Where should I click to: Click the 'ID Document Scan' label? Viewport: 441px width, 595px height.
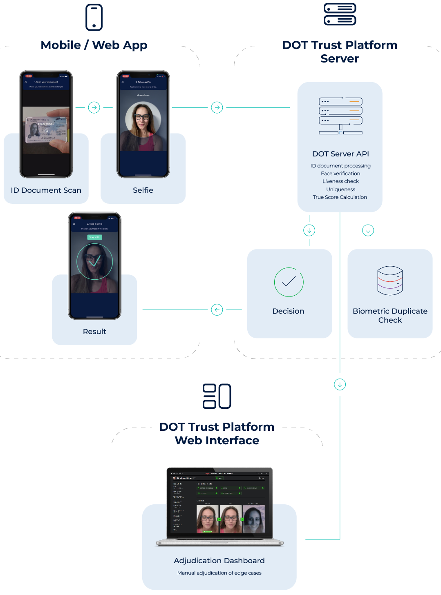(46, 190)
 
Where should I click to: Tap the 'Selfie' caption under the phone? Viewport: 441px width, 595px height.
(143, 190)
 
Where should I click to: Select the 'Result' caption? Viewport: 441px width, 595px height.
(94, 332)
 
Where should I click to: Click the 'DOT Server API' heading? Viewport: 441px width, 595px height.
(340, 154)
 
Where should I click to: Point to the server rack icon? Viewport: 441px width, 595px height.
(340, 116)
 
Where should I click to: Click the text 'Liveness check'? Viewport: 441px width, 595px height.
(340, 181)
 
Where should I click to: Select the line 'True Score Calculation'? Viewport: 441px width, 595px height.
(340, 197)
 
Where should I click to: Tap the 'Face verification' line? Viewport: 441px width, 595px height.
(340, 174)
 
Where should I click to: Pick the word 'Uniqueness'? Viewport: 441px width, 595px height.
(340, 189)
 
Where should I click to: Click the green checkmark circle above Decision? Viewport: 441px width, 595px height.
(289, 282)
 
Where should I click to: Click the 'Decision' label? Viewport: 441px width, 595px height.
(288, 311)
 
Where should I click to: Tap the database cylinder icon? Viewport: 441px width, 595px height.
(390, 281)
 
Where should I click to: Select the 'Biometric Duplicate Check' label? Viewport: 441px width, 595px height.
(390, 316)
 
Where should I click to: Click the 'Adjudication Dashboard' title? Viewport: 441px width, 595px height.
(219, 561)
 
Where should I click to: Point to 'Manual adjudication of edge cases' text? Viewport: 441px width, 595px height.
(219, 573)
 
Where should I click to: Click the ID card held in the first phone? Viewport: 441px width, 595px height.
(46, 130)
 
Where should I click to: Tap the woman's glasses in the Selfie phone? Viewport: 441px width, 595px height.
(142, 117)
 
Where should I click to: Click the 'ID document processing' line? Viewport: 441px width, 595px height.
(340, 166)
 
